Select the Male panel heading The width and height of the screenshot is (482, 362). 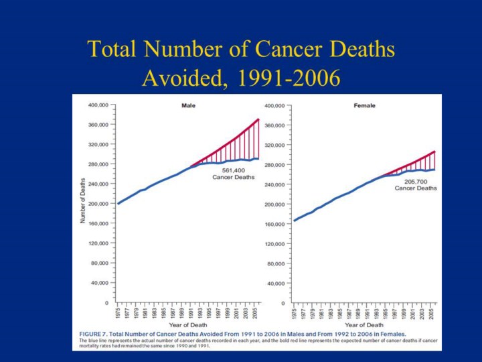pyautogui.click(x=188, y=106)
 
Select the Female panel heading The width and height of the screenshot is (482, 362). pyautogui.click(x=365, y=106)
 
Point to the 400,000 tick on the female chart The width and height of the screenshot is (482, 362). pyautogui.click(x=276, y=106)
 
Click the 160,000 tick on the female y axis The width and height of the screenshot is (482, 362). pyautogui.click(x=276, y=224)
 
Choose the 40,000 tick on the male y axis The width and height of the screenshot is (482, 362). pyautogui.click(x=100, y=283)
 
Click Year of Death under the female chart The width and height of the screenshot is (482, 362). pyautogui.click(x=364, y=325)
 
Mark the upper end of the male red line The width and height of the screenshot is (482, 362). pyautogui.click(x=258, y=119)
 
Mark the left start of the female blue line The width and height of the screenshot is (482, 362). pyautogui.click(x=295, y=220)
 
